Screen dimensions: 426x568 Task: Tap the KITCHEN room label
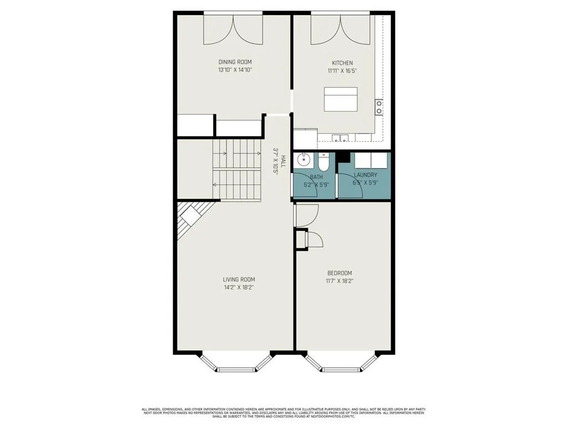click(342, 63)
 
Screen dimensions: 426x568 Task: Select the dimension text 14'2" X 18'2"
click(239, 287)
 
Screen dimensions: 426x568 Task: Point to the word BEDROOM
click(339, 273)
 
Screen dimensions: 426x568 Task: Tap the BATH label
click(317, 177)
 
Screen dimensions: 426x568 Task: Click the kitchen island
click(341, 99)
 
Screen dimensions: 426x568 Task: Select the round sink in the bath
click(303, 161)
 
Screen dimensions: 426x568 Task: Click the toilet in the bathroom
click(324, 161)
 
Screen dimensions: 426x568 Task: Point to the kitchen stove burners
click(379, 106)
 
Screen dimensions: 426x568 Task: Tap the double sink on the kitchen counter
click(339, 138)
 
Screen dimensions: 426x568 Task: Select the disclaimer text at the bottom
click(284, 413)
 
